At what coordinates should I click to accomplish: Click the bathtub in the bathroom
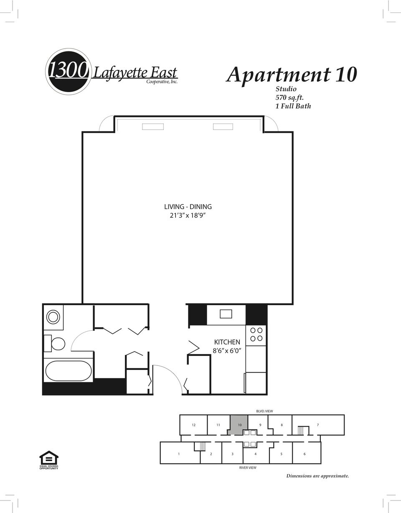[x=68, y=371]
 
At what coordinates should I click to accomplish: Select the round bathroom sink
[x=53, y=317]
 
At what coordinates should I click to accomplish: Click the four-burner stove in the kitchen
[x=256, y=334]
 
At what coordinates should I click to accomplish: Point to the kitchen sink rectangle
[x=226, y=314]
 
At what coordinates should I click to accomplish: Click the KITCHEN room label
[x=227, y=342]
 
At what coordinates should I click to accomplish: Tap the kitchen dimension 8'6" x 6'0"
[x=227, y=351]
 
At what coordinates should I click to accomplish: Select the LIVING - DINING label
[x=188, y=207]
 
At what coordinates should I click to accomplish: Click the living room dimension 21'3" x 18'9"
[x=188, y=216]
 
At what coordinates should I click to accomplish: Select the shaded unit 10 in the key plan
[x=239, y=424]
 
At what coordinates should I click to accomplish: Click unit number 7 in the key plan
[x=318, y=425]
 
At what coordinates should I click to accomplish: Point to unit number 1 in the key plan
[x=179, y=454]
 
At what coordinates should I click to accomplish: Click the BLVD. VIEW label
[x=264, y=411]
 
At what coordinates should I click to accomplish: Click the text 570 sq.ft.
[x=289, y=97]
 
